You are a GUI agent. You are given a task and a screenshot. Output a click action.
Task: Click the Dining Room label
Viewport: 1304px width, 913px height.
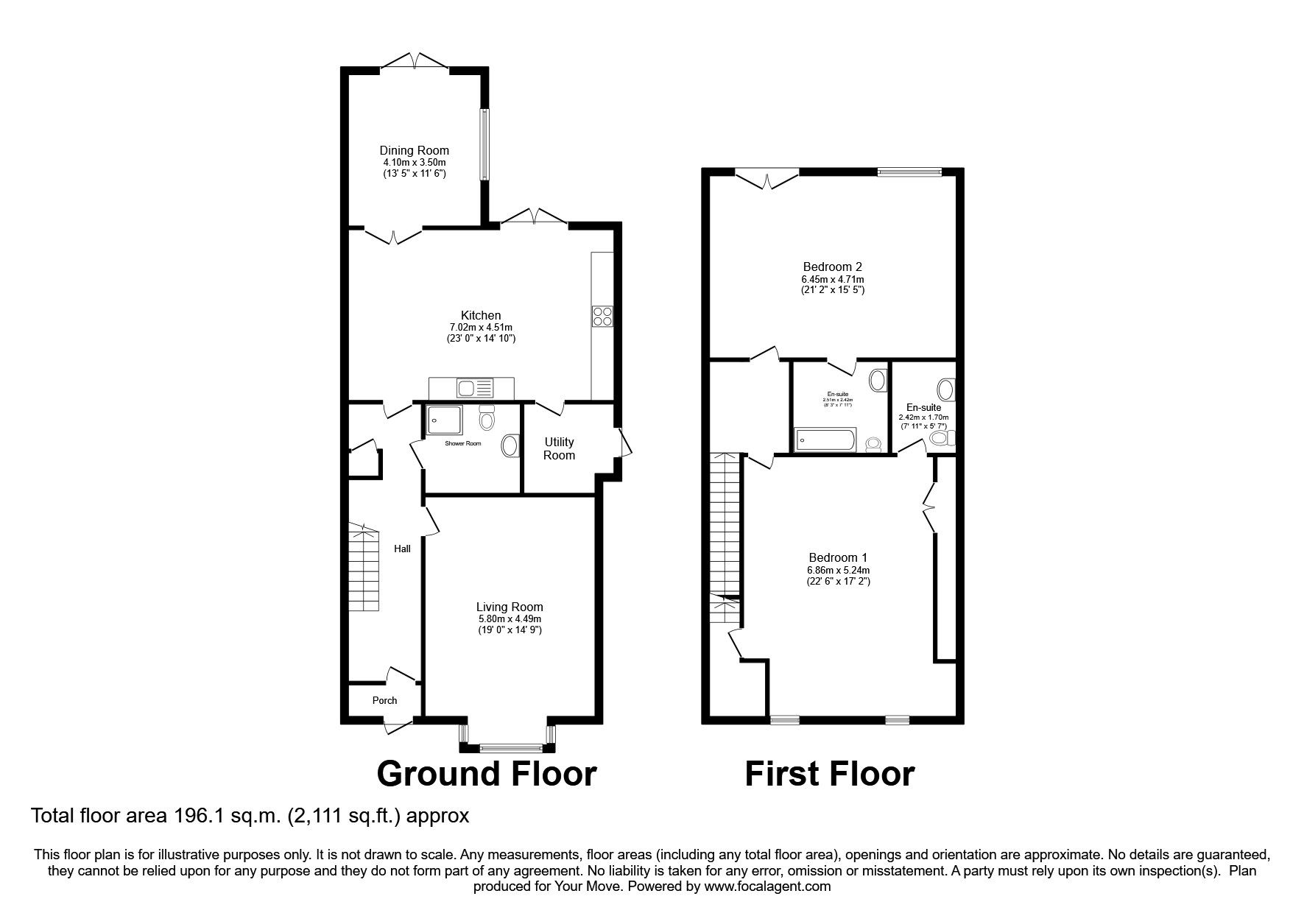(414, 150)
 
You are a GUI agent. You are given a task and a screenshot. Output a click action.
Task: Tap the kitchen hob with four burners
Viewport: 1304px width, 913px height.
(602, 316)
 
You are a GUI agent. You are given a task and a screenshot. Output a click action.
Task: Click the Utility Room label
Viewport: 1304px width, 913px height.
(559, 448)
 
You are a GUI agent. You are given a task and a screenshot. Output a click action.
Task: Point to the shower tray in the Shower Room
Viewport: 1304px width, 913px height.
(444, 420)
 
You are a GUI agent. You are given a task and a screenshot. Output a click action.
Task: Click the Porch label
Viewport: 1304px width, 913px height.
(384, 700)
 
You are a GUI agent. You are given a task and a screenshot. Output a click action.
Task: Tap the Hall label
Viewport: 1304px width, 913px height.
(402, 549)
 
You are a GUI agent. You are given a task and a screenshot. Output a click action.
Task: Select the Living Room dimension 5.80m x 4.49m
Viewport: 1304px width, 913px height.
(510, 619)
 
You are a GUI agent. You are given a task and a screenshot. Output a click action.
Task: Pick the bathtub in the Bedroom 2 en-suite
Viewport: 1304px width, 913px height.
(825, 440)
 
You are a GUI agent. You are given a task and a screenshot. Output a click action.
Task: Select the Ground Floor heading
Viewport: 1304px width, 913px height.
(486, 774)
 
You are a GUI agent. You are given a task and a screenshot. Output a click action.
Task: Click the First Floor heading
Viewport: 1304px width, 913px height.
(830, 774)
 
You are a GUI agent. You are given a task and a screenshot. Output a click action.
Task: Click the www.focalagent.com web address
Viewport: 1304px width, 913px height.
(766, 886)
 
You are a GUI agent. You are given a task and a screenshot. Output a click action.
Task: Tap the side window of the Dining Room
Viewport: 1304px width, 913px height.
(484, 144)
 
